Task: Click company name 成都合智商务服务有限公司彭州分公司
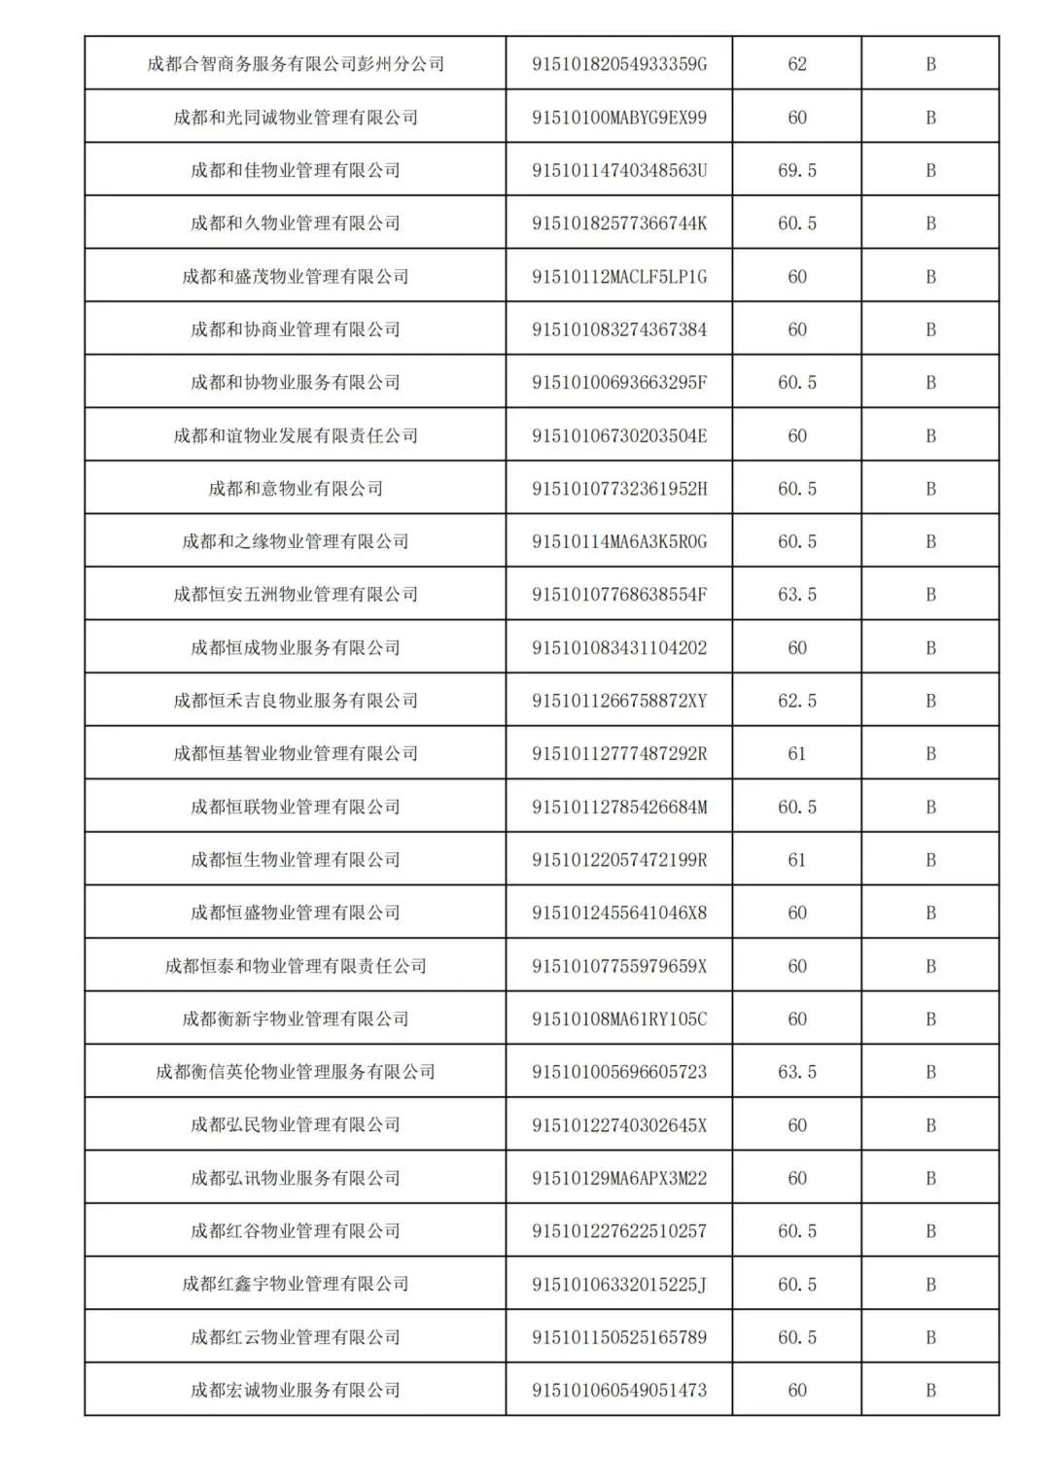click(x=296, y=64)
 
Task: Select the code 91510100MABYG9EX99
click(x=619, y=118)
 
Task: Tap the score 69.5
click(x=797, y=170)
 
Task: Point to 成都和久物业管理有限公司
click(x=296, y=224)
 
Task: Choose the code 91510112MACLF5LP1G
click(x=619, y=277)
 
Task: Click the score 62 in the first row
click(x=797, y=64)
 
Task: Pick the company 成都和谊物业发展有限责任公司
click(x=296, y=435)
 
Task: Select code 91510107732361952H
click(x=619, y=489)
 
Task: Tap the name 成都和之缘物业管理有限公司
click(x=296, y=541)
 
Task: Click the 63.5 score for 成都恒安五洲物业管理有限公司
click(x=797, y=595)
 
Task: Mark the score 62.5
click(x=797, y=701)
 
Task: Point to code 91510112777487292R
click(x=619, y=753)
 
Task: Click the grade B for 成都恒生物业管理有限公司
click(x=930, y=860)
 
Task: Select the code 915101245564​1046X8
click(x=619, y=913)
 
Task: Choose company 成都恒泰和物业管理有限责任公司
click(x=296, y=966)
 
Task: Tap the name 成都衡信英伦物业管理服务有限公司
click(x=296, y=1072)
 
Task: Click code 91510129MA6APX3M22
click(x=619, y=1178)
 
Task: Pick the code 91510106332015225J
click(x=619, y=1284)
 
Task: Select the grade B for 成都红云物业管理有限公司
click(x=930, y=1337)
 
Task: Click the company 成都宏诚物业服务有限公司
click(x=296, y=1390)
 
